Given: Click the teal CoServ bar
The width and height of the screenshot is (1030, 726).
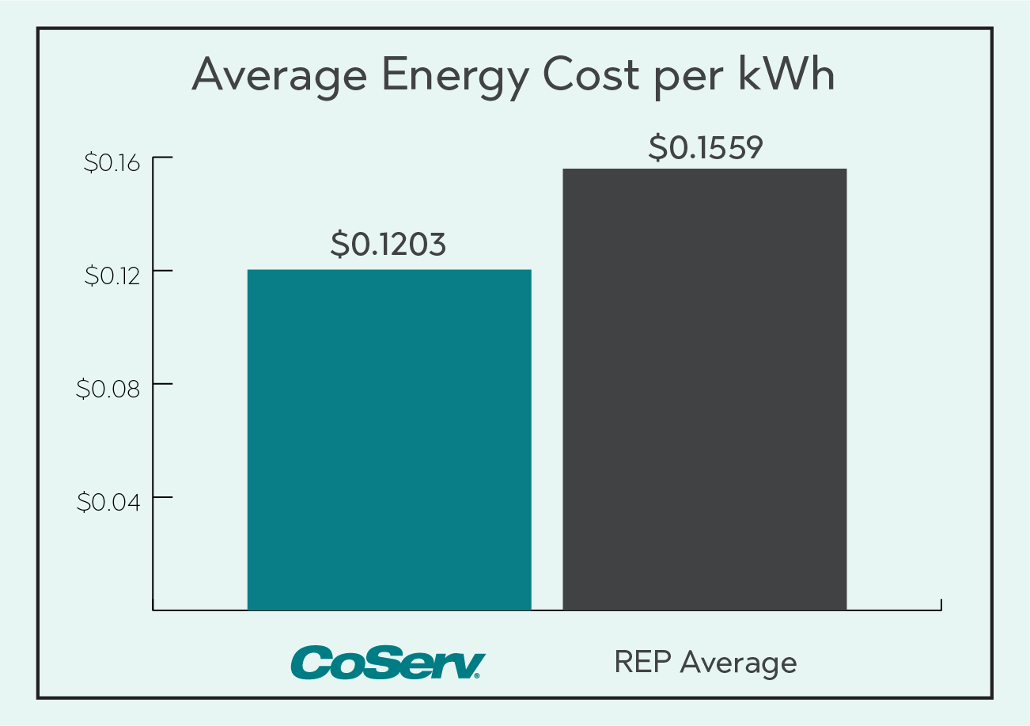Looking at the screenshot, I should [x=389, y=439].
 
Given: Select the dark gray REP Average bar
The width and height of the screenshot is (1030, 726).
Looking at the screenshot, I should [x=704, y=390].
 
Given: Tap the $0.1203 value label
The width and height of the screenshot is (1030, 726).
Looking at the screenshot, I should [x=388, y=245].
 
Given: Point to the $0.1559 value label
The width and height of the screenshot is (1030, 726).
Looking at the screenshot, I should [x=706, y=147].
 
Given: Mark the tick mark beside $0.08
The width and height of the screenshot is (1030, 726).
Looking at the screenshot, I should [x=147, y=385].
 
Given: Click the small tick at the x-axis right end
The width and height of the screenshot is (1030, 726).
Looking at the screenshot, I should [x=941, y=605].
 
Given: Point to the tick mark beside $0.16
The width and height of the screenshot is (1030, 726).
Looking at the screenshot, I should [x=147, y=158].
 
